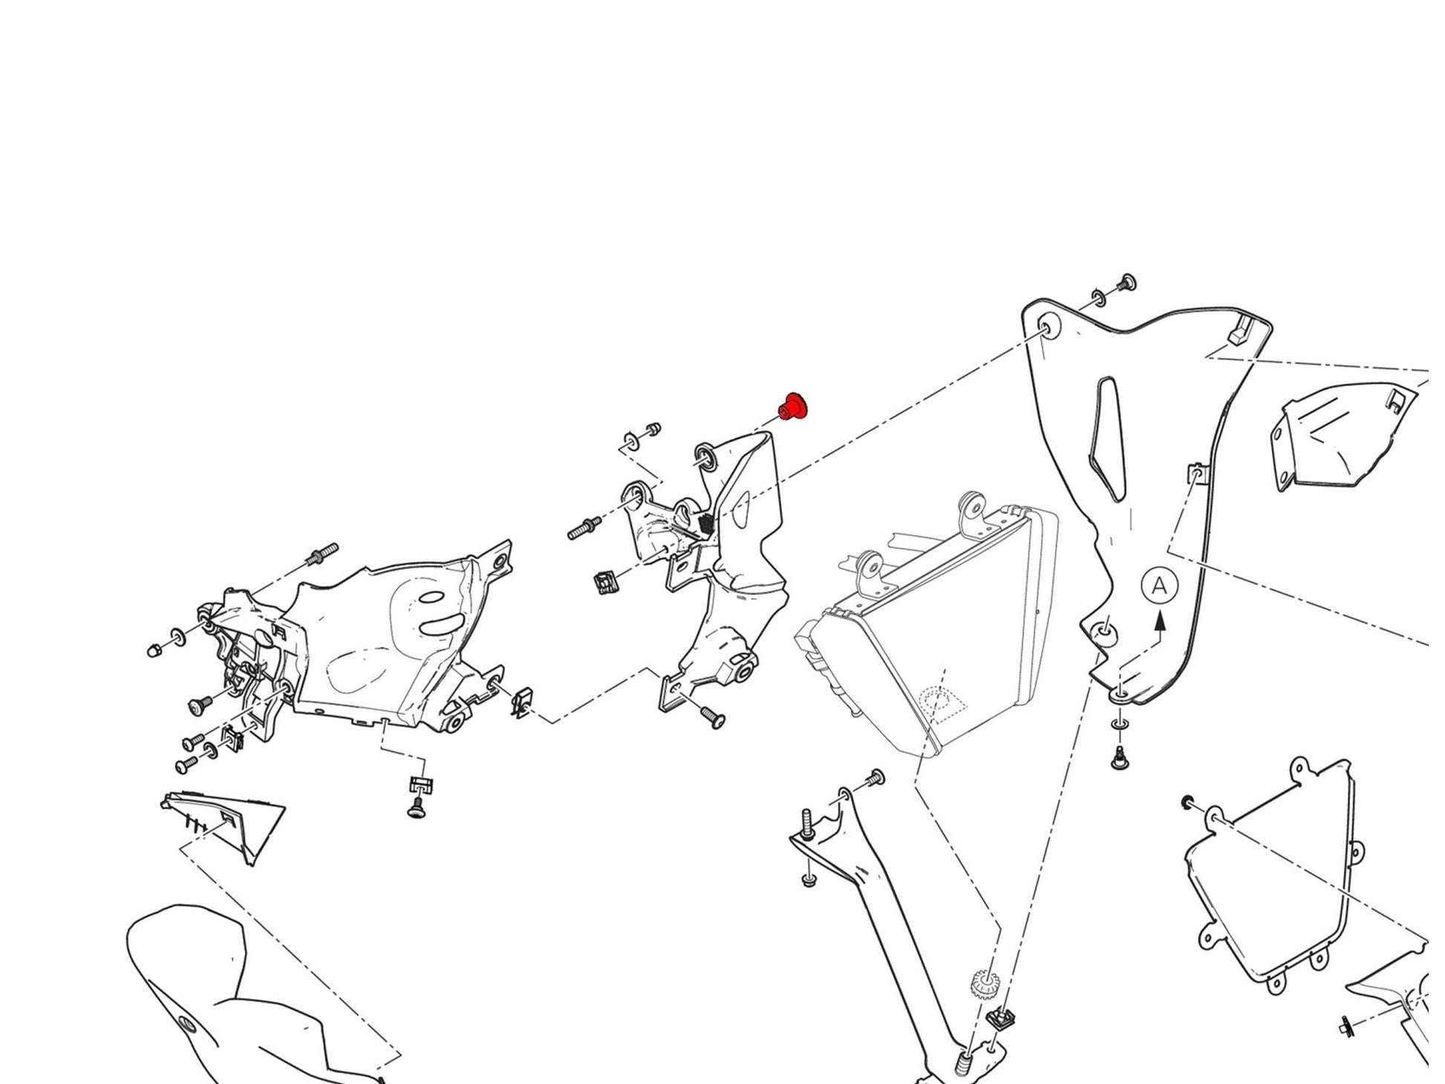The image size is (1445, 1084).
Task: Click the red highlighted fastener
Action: [x=793, y=407]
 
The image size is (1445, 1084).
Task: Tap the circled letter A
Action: [x=1159, y=587]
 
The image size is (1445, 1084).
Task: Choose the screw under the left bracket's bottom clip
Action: [x=418, y=808]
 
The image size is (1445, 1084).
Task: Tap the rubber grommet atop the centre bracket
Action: [x=706, y=456]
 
